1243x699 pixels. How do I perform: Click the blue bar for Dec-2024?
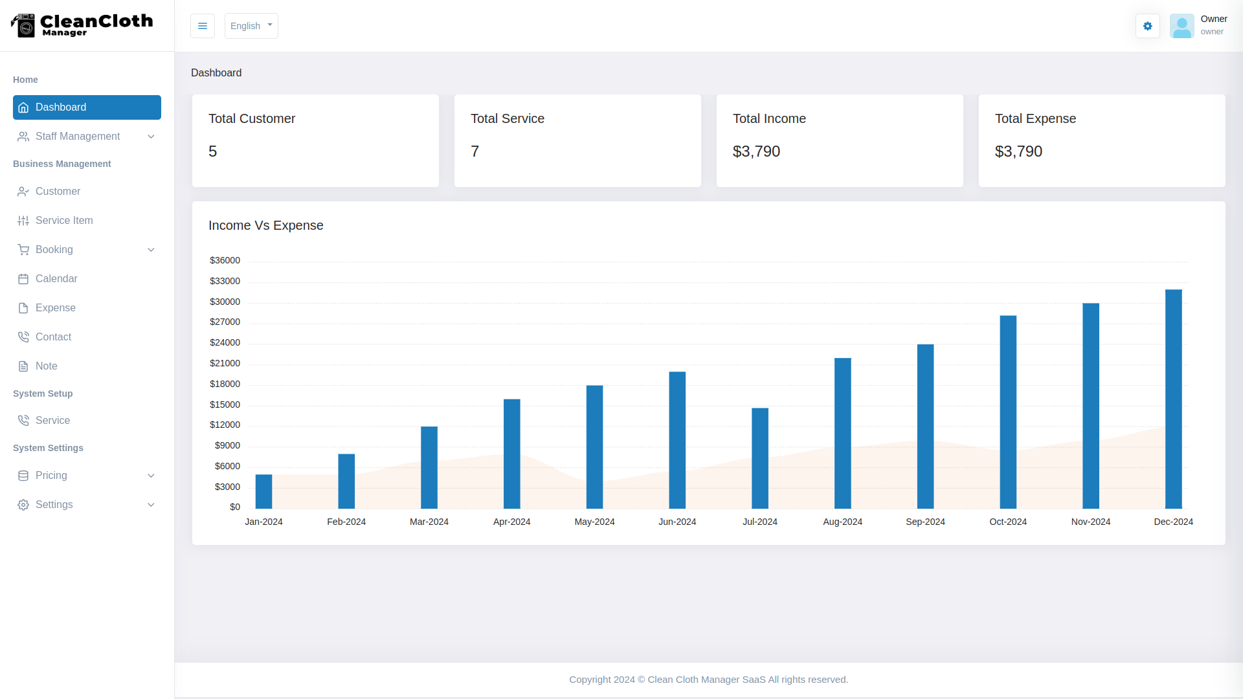click(1173, 399)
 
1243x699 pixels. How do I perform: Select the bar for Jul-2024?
click(760, 458)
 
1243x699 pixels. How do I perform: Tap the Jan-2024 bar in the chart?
click(263, 492)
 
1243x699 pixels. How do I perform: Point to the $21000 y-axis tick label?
click(225, 363)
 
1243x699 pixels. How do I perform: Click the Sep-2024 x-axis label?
click(925, 522)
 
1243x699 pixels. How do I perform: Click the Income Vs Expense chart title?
click(265, 225)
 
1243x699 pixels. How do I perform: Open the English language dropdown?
click(251, 26)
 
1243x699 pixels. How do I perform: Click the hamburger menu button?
click(203, 26)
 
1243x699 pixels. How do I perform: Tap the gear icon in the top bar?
click(1147, 26)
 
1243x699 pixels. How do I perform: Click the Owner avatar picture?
click(1181, 26)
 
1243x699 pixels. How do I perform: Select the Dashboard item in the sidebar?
click(87, 107)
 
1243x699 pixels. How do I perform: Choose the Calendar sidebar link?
click(56, 279)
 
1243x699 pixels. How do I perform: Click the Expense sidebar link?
click(56, 308)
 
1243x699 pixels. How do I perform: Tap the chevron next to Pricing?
click(151, 476)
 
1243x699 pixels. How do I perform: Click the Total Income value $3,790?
click(756, 151)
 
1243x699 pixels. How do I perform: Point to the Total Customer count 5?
click(212, 151)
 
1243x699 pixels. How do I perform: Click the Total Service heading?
click(507, 118)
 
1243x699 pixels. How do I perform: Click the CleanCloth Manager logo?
click(82, 25)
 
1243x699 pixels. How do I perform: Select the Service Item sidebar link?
click(64, 221)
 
